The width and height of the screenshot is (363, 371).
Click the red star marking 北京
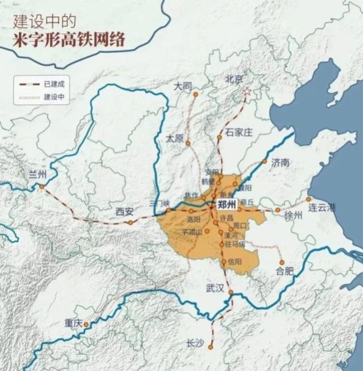(x=247, y=92)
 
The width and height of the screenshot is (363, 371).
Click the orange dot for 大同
(x=195, y=94)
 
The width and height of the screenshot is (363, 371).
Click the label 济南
(x=281, y=161)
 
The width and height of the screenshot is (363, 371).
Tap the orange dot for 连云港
(x=309, y=199)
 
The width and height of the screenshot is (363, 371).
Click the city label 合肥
(x=284, y=271)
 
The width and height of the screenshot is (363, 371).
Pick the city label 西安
(x=124, y=211)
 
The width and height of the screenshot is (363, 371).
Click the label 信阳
(x=234, y=262)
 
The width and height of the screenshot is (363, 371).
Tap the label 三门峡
(x=159, y=203)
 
